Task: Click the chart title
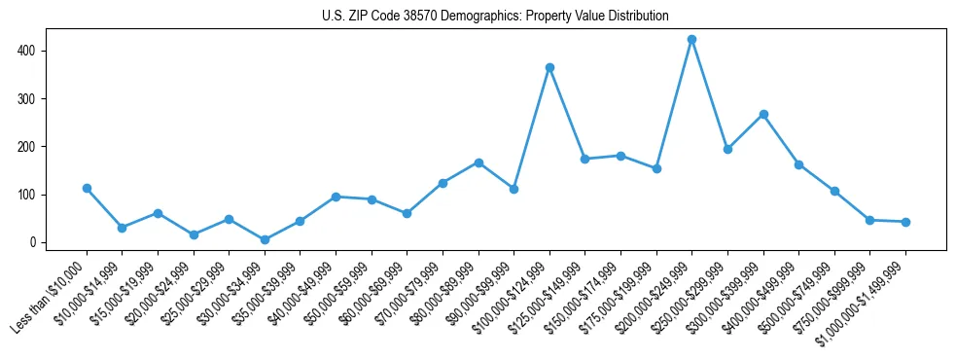coord(495,16)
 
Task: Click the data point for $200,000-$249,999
coord(691,40)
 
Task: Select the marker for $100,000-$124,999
coord(549,67)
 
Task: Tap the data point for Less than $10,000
coord(87,188)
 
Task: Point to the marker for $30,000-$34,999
coord(265,239)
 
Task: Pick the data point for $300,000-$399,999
coord(763,114)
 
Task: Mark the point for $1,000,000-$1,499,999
coord(905,222)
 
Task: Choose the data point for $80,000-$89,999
coord(478,162)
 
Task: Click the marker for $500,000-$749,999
coord(834,191)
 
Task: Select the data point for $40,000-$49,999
coord(336,197)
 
